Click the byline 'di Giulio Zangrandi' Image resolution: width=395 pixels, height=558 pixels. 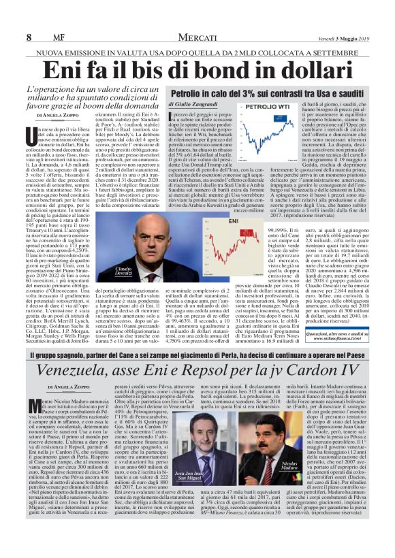pyautogui.click(x=195, y=104)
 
